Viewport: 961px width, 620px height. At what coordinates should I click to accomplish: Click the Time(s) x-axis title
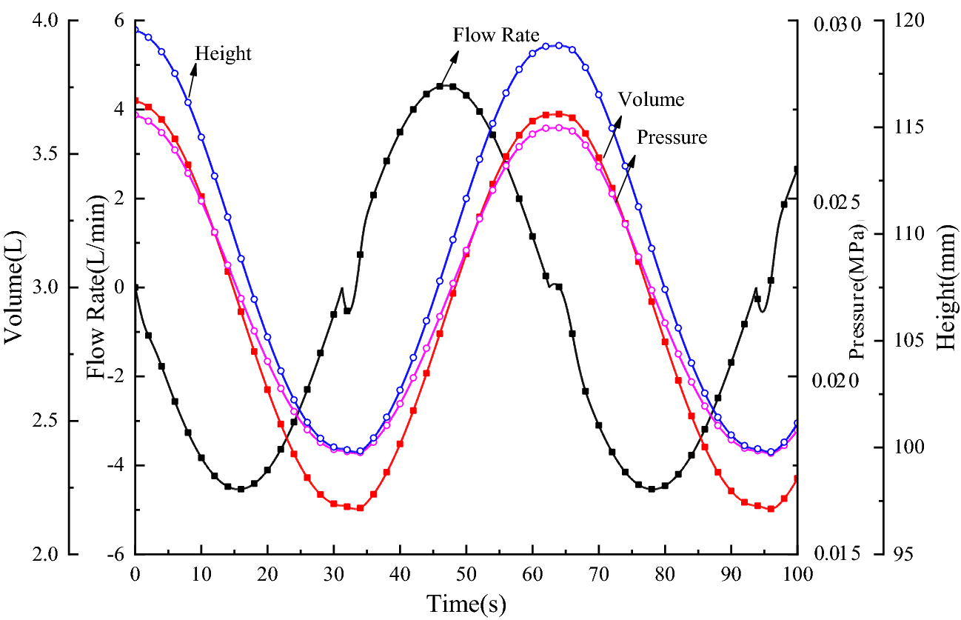click(x=466, y=604)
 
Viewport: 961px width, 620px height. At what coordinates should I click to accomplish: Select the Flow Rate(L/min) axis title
click(x=96, y=288)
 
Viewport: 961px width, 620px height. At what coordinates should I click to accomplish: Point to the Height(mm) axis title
click(x=946, y=288)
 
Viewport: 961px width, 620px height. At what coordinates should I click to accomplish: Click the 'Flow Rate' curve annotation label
click(x=496, y=35)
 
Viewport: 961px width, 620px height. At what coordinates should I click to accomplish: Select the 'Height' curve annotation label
click(x=223, y=53)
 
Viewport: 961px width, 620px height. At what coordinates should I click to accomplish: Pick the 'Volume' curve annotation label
click(x=652, y=99)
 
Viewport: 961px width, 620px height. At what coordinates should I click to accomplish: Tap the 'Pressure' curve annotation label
click(x=672, y=137)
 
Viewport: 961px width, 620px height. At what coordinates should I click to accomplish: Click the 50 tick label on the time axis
click(x=466, y=573)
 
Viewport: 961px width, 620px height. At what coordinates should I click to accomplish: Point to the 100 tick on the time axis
click(x=797, y=573)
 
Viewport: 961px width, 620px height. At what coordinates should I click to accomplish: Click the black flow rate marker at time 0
click(x=135, y=287)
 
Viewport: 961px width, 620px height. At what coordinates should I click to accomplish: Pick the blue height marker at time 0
click(x=135, y=30)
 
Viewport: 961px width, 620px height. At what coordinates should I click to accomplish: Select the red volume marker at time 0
click(x=135, y=101)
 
